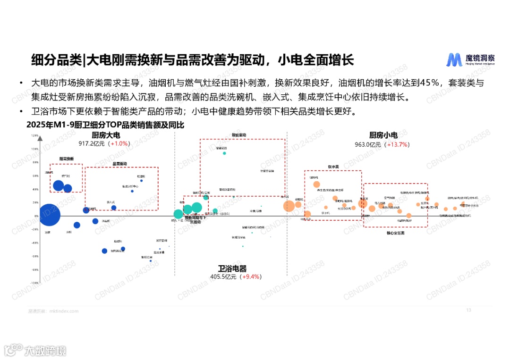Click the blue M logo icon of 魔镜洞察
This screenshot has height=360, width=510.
(x=454, y=60)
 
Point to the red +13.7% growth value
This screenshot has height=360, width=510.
(x=397, y=144)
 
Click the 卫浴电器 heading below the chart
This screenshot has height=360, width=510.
(x=232, y=268)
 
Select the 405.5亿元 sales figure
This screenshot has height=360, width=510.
(x=224, y=276)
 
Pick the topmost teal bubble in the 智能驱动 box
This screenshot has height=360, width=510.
(x=224, y=153)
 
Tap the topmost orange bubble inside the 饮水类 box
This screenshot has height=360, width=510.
(x=316, y=184)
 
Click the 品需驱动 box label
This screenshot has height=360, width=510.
(x=120, y=163)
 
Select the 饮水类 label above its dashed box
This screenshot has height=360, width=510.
(x=333, y=167)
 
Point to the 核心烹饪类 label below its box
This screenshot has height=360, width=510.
(x=396, y=233)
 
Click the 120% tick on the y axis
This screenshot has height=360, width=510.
(x=34, y=135)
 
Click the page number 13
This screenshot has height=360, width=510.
(x=468, y=310)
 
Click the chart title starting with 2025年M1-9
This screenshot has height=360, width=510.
(x=105, y=125)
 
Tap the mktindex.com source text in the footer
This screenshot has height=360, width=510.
(x=64, y=311)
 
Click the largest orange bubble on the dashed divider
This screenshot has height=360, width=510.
(x=289, y=206)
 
